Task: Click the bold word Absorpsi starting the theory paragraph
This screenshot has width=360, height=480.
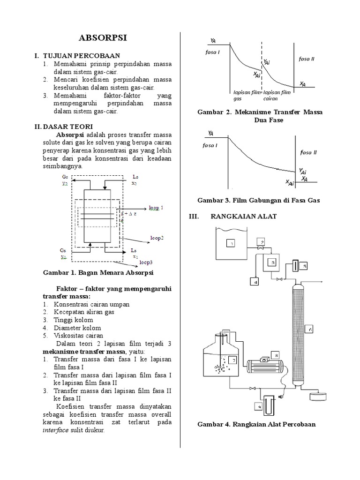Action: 70,135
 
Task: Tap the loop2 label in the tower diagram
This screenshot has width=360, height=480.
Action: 157,238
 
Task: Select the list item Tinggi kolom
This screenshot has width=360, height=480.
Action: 74,319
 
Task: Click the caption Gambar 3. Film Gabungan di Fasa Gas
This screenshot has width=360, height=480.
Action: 258,200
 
